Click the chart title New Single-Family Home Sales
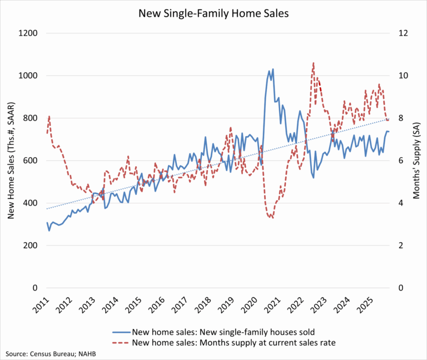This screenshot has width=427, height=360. [x=213, y=12]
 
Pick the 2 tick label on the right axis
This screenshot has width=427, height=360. [x=399, y=246]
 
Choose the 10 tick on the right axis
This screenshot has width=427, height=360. [x=401, y=76]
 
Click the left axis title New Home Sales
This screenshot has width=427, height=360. [x=11, y=161]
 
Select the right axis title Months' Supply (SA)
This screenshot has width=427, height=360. [x=416, y=161]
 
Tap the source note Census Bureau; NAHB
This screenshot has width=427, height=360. [x=47, y=353]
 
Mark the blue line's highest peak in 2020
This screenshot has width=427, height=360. [x=272, y=69]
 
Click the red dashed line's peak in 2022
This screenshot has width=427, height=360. [x=314, y=63]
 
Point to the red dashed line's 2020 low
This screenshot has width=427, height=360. [x=272, y=217]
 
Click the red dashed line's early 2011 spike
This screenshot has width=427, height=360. [x=49, y=116]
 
